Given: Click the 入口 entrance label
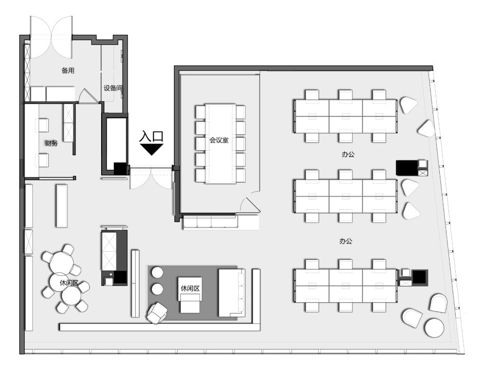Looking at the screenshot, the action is pos(151,136).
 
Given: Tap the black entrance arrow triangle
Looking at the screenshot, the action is pos(151,149).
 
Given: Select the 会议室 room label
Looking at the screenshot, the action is pos(219,140).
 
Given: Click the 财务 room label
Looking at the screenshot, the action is pos(51,143).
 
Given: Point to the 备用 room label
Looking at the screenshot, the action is pos(68,70).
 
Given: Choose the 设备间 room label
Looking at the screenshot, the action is pos(112,88).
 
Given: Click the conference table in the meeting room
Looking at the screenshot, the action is pos(220,143).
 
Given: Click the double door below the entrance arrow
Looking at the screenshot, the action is pos(151,178).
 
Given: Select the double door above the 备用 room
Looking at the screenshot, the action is pos(51,37).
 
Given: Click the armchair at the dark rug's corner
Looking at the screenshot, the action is pos(157,313).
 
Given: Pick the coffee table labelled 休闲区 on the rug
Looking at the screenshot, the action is pos(190,295).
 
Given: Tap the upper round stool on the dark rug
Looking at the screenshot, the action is pos(157,273).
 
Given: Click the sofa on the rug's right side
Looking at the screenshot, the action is pos(231,293).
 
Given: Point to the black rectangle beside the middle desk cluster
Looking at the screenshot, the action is pos(407,168).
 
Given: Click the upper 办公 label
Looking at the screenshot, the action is pos(348,154).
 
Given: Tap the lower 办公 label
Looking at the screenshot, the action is pos(346,241).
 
